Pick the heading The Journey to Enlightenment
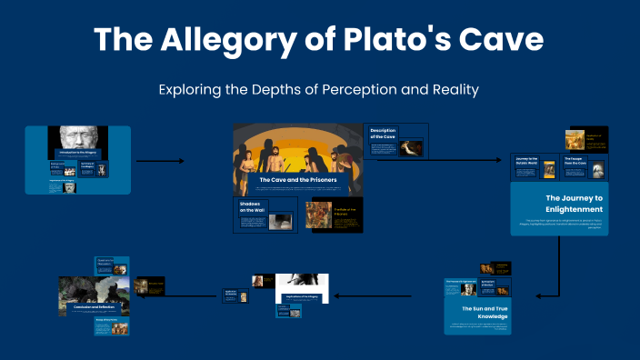(x=574, y=203)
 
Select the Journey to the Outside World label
(x=527, y=161)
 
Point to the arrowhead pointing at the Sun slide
(x=538, y=295)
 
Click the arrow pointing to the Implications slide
(x=364, y=295)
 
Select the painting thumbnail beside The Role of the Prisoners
(x=320, y=215)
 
